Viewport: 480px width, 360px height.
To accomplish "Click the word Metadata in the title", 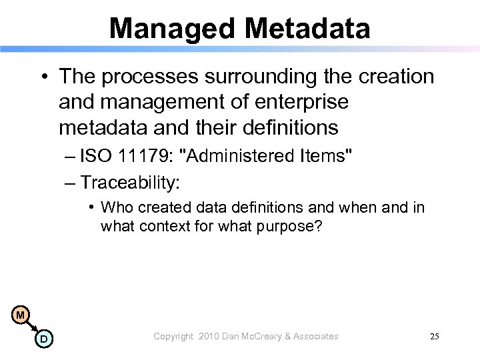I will (x=304, y=27).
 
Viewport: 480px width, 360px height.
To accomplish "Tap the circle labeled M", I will (x=21, y=314).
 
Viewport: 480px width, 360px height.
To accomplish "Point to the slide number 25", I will (x=434, y=337).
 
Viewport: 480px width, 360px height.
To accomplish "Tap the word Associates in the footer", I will (x=315, y=337).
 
